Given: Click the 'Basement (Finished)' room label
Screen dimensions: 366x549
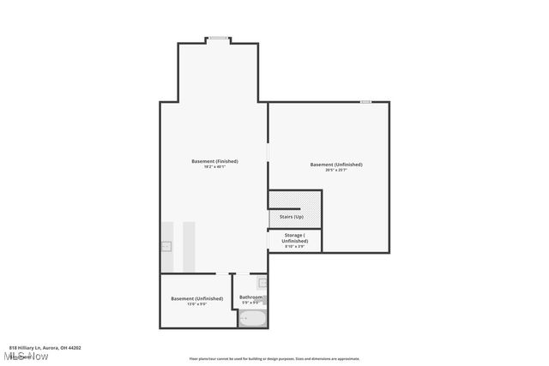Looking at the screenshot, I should (214, 161).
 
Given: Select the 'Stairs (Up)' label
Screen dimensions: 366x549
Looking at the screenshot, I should (292, 216).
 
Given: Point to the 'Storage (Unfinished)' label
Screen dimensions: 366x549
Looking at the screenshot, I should (294, 237).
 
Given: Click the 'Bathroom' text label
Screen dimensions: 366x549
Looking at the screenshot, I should (250, 297).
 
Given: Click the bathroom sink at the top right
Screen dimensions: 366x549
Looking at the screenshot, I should (262, 282).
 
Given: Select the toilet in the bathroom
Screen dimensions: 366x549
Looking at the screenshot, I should (265, 301).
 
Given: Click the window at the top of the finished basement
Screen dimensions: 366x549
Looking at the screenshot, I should (218, 38).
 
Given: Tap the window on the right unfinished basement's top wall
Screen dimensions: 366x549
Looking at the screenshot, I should (365, 102).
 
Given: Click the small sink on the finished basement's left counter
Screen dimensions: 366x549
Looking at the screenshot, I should (166, 246).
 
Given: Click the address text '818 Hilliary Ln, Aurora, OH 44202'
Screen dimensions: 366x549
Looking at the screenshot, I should (45, 347).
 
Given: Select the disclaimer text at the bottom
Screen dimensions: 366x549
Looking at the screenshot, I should (274, 359).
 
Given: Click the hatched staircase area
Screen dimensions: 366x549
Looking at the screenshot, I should (295, 200).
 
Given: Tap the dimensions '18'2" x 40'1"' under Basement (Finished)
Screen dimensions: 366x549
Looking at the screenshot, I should (214, 167).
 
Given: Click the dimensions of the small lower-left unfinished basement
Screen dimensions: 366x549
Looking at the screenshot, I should (196, 304).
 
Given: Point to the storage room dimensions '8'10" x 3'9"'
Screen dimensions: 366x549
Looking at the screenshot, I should (294, 247).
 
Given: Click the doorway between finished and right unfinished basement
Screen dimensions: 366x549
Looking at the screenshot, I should (268, 152).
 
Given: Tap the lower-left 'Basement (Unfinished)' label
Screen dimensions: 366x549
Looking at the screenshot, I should (196, 298).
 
